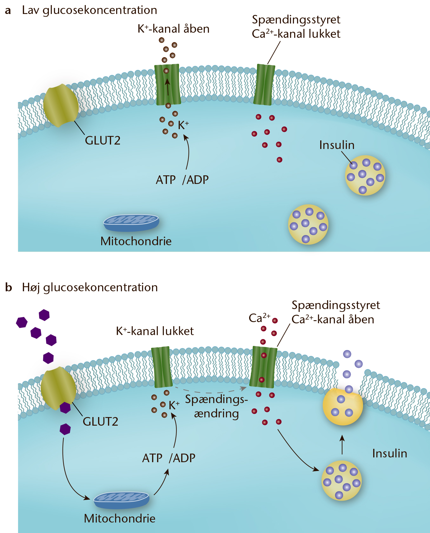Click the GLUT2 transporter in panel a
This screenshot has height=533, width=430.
pos(61,105)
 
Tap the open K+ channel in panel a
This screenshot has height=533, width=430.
pos(167,84)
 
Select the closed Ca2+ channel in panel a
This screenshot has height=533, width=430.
pos(264,84)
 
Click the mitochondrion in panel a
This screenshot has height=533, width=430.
pos(131,222)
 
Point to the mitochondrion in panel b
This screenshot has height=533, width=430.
pos(122,501)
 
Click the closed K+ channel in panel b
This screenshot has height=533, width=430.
pos(162,367)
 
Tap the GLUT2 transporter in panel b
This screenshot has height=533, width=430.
pos(58,388)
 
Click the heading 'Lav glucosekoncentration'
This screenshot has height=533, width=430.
pos(89,10)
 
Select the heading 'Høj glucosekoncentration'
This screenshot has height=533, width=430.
pos(90,287)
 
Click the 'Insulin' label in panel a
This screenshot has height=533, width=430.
pos(337,145)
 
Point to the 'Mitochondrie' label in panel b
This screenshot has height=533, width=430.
pos(120,518)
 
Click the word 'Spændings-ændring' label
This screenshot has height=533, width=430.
pos(216,407)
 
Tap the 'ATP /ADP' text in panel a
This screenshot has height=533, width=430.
pos(182,180)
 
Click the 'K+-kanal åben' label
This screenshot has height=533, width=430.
pos(173,29)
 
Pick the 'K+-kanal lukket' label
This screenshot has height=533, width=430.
pos(155,331)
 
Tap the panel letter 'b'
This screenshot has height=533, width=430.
pos(9,287)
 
